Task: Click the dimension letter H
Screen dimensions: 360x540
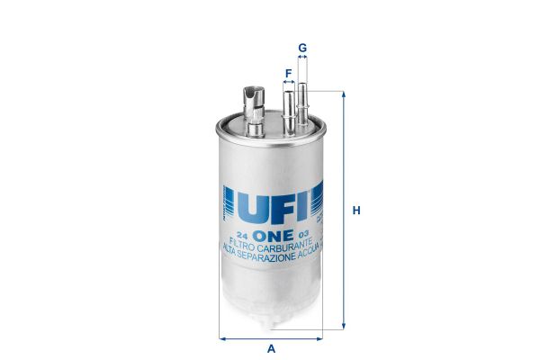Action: (356, 211)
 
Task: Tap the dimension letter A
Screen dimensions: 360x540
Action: (271, 349)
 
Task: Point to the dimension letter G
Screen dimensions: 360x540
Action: (302, 47)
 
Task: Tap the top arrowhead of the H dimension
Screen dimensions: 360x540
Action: (344, 94)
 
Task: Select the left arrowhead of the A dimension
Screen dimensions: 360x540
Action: (222, 338)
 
